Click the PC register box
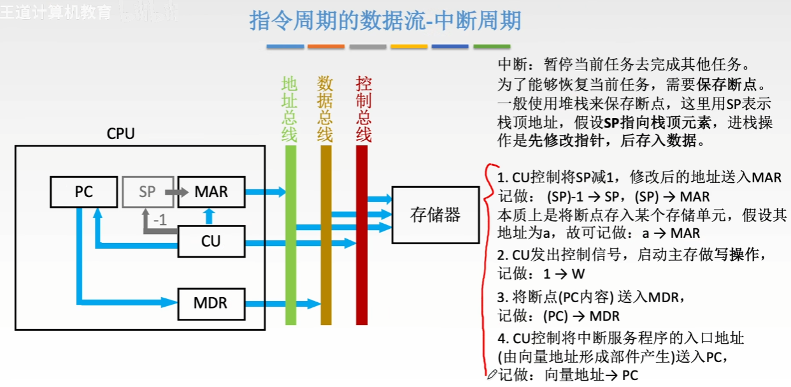click(83, 191)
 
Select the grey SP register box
click(147, 191)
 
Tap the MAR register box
click(211, 191)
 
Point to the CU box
click(211, 242)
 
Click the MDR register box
click(211, 303)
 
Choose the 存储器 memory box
click(435, 215)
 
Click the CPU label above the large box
click(121, 134)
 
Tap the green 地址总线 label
click(290, 109)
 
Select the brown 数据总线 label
click(325, 109)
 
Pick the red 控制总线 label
click(363, 109)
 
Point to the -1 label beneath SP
click(160, 220)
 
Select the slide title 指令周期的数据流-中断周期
click(385, 21)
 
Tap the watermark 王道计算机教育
click(56, 12)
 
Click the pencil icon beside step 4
click(492, 374)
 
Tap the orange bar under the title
click(325, 47)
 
